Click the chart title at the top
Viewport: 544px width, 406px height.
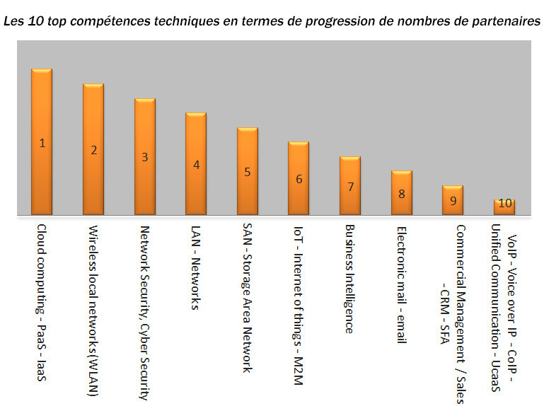click(x=272, y=21)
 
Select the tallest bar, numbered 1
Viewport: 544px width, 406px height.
click(x=42, y=141)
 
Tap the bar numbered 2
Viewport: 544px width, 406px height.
click(x=93, y=149)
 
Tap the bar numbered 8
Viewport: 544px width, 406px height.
click(x=402, y=192)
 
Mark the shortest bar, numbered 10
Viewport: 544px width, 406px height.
click(x=504, y=207)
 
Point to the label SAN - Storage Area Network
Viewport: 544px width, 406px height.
click(x=247, y=298)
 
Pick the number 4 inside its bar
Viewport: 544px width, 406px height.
click(x=197, y=165)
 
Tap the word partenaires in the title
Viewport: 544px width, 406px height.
click(x=503, y=21)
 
